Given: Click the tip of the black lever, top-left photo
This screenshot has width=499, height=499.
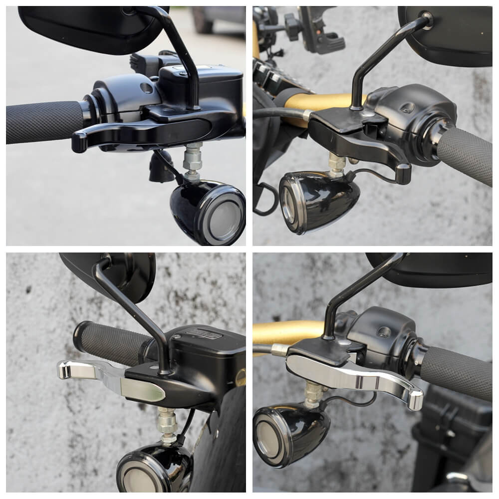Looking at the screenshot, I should [78, 142].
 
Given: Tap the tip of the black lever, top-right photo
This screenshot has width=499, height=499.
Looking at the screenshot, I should [403, 174].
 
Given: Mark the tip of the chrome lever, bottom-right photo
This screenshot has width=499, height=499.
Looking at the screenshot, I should [416, 400].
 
